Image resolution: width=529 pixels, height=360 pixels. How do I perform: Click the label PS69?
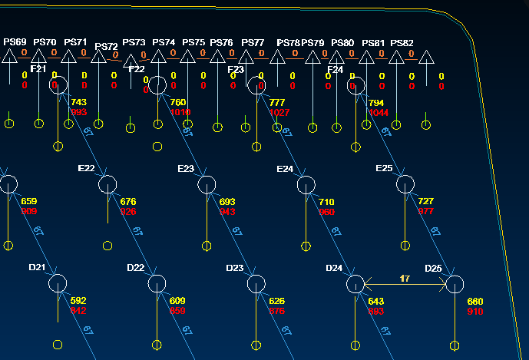pyautogui.click(x=15, y=41)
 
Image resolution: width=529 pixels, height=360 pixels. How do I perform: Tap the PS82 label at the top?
pyautogui.click(x=402, y=43)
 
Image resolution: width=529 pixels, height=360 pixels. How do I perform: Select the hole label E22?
pyautogui.click(x=87, y=168)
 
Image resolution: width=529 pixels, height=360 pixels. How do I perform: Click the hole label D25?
pyautogui.click(x=433, y=268)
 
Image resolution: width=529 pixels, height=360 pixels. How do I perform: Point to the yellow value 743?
pyautogui.click(x=78, y=102)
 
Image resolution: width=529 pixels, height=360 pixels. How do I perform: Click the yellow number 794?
pyautogui.click(x=376, y=102)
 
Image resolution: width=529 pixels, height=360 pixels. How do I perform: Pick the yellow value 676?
pyautogui.click(x=129, y=202)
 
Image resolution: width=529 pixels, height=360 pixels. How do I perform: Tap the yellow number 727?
pyautogui.click(x=426, y=202)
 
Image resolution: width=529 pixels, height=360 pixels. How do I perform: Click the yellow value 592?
pyautogui.click(x=78, y=301)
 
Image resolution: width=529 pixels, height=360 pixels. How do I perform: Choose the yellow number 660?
pyautogui.click(x=475, y=301)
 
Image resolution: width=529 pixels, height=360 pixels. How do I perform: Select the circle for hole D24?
pyautogui.click(x=355, y=284)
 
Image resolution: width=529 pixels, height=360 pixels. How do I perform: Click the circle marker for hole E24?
pyautogui.click(x=306, y=184)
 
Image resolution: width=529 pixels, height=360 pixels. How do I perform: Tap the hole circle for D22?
pyautogui.click(x=157, y=284)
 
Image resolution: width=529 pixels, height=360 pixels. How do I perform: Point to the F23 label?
pyautogui.click(x=236, y=70)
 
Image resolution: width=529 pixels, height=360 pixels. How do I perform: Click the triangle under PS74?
pyautogui.click(x=157, y=57)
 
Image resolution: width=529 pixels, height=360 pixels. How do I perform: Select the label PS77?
pyautogui.click(x=253, y=42)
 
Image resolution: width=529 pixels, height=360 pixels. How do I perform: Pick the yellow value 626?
pyautogui.click(x=277, y=301)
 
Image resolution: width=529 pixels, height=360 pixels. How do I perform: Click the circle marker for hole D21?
pyautogui.click(x=58, y=284)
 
